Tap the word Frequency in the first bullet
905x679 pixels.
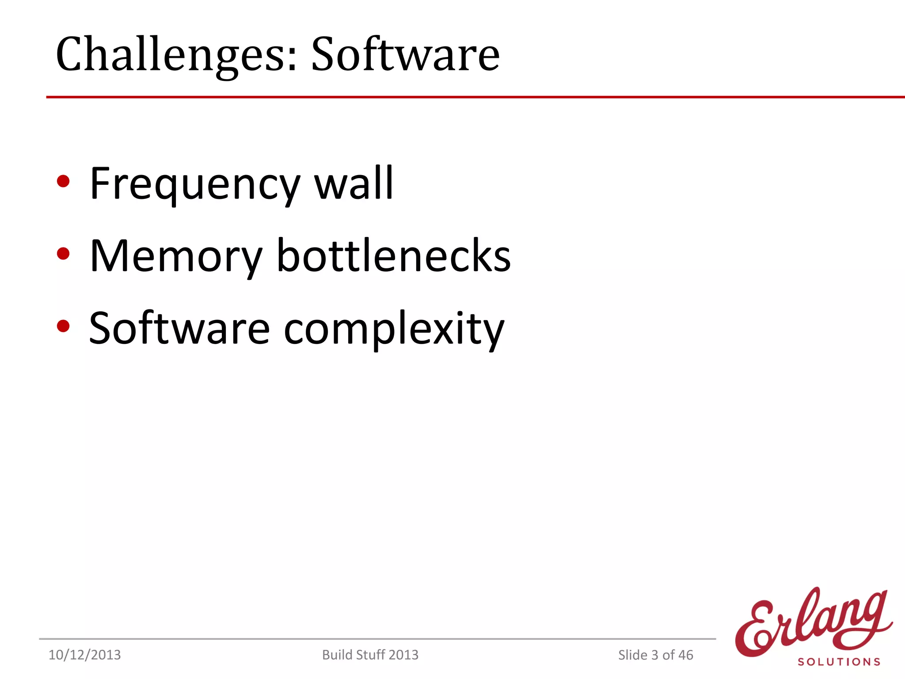(x=194, y=183)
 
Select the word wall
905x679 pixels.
(x=354, y=183)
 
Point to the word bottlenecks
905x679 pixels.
(x=393, y=256)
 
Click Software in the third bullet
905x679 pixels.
(x=179, y=329)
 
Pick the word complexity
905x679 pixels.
(x=393, y=330)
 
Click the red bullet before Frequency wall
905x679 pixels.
(x=64, y=181)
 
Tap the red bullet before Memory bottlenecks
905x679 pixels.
(x=64, y=254)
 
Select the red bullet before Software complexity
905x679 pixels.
(x=64, y=326)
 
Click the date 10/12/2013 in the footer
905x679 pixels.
(x=84, y=655)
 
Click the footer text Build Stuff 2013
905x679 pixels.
(x=370, y=655)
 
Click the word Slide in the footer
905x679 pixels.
(x=633, y=655)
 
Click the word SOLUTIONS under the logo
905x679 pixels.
(x=839, y=662)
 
